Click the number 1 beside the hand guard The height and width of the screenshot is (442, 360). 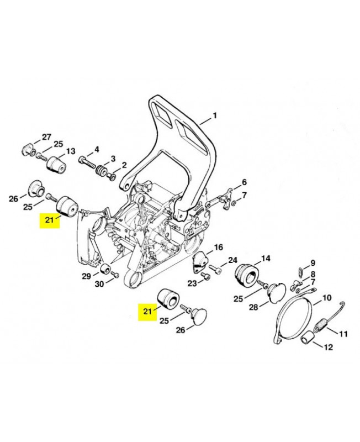(x=215, y=116)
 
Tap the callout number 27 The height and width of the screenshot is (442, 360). (x=46, y=137)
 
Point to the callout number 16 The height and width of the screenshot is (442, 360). (x=218, y=247)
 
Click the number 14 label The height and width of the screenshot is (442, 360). (x=266, y=258)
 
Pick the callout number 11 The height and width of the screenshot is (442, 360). (x=343, y=333)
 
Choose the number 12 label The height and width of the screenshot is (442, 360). (x=328, y=348)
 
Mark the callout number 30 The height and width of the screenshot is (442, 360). (x=100, y=285)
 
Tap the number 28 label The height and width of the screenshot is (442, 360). (x=253, y=307)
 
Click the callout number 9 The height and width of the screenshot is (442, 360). (x=313, y=263)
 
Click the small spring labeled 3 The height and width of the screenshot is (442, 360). (x=101, y=171)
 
